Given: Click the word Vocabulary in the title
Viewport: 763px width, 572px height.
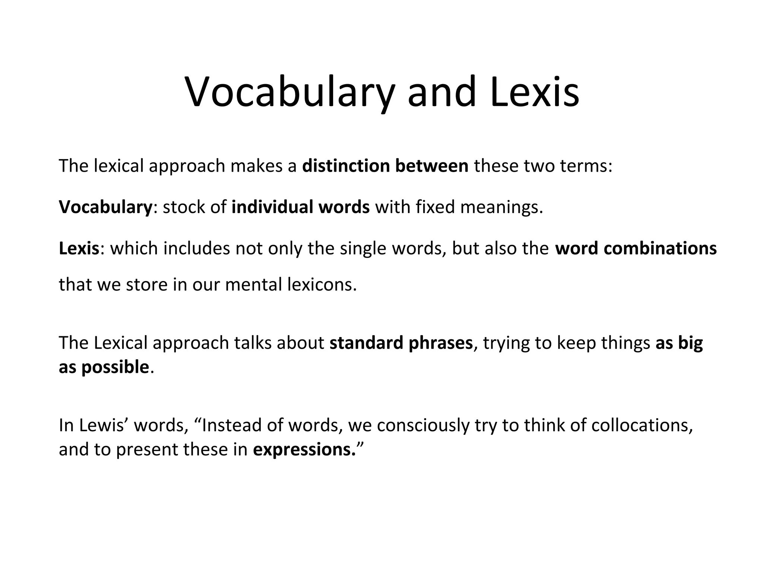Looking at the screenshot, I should [x=289, y=92].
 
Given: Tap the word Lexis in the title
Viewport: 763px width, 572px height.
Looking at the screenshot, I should [x=535, y=92].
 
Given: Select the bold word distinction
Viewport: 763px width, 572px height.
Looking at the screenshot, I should [x=346, y=166].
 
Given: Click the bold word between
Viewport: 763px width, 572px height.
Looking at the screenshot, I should [x=431, y=166].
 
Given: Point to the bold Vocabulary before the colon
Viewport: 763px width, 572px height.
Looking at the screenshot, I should [x=105, y=207].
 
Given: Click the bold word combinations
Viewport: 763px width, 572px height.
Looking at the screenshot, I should [x=660, y=248].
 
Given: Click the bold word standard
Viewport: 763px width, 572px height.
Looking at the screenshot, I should [x=366, y=343].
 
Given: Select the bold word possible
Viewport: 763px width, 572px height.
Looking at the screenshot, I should [x=115, y=368].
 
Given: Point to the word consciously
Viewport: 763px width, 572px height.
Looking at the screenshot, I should [x=422, y=426].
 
